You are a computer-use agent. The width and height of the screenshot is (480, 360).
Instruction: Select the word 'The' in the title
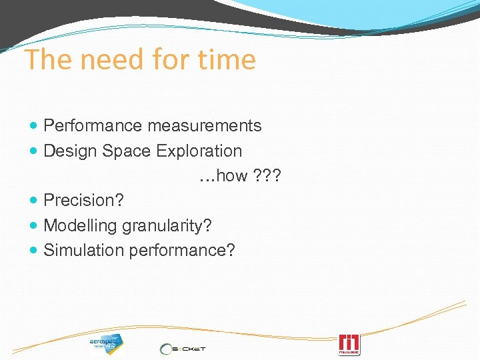pyautogui.click(x=47, y=60)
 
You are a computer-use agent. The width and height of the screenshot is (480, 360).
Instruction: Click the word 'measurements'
pyautogui.click(x=205, y=125)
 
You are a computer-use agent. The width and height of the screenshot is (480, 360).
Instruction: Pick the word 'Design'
pyautogui.click(x=71, y=151)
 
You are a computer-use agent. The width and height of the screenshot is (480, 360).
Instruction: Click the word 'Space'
pyautogui.click(x=127, y=151)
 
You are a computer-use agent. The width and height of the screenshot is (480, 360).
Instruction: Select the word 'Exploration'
pyautogui.click(x=199, y=151)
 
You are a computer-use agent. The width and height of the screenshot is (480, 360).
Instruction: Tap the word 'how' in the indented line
pyautogui.click(x=232, y=176)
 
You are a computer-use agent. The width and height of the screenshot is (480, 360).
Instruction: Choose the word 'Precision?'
pyautogui.click(x=83, y=201)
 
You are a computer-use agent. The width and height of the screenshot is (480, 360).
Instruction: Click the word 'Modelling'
pyautogui.click(x=80, y=226)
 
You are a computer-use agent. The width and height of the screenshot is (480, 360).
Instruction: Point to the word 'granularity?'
pyautogui.click(x=167, y=226)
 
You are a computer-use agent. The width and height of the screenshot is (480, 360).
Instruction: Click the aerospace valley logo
pyautogui.click(x=106, y=343)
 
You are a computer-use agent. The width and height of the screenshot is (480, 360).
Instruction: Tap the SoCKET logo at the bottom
pyautogui.click(x=183, y=347)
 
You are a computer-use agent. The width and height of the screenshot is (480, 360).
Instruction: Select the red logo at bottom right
pyautogui.click(x=349, y=343)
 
